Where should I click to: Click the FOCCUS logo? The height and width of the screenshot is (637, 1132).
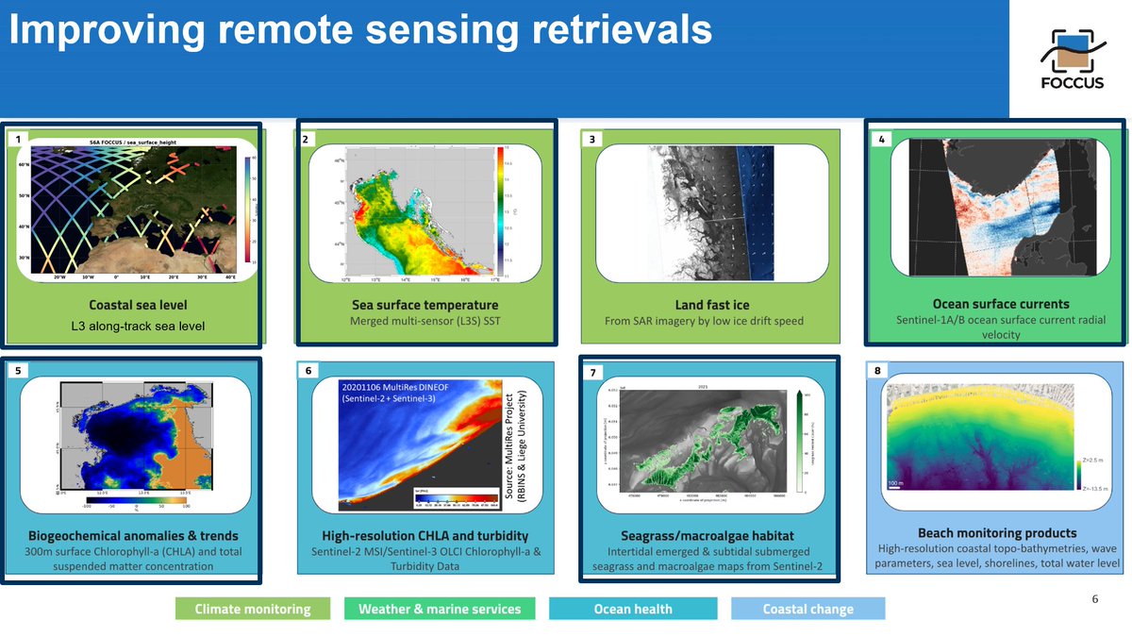click(x=1072, y=58)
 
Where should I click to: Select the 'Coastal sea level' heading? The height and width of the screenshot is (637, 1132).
click(x=138, y=305)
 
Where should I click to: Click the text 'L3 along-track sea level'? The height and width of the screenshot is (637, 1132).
click(x=138, y=327)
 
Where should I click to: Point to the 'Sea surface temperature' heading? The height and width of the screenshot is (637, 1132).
click(x=424, y=305)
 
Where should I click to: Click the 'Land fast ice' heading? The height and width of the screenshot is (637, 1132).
click(x=712, y=305)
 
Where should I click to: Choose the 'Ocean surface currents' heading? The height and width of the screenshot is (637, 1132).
click(x=1000, y=304)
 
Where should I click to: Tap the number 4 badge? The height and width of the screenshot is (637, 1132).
click(x=881, y=140)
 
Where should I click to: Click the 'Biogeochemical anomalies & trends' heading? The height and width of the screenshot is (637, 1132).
click(x=133, y=536)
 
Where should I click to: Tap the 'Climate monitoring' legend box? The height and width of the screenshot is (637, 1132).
click(x=253, y=609)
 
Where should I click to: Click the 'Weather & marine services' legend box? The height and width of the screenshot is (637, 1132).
click(x=439, y=609)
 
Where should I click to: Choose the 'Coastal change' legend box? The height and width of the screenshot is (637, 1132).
click(x=808, y=609)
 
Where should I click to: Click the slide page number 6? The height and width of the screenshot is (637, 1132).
click(x=1094, y=599)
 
